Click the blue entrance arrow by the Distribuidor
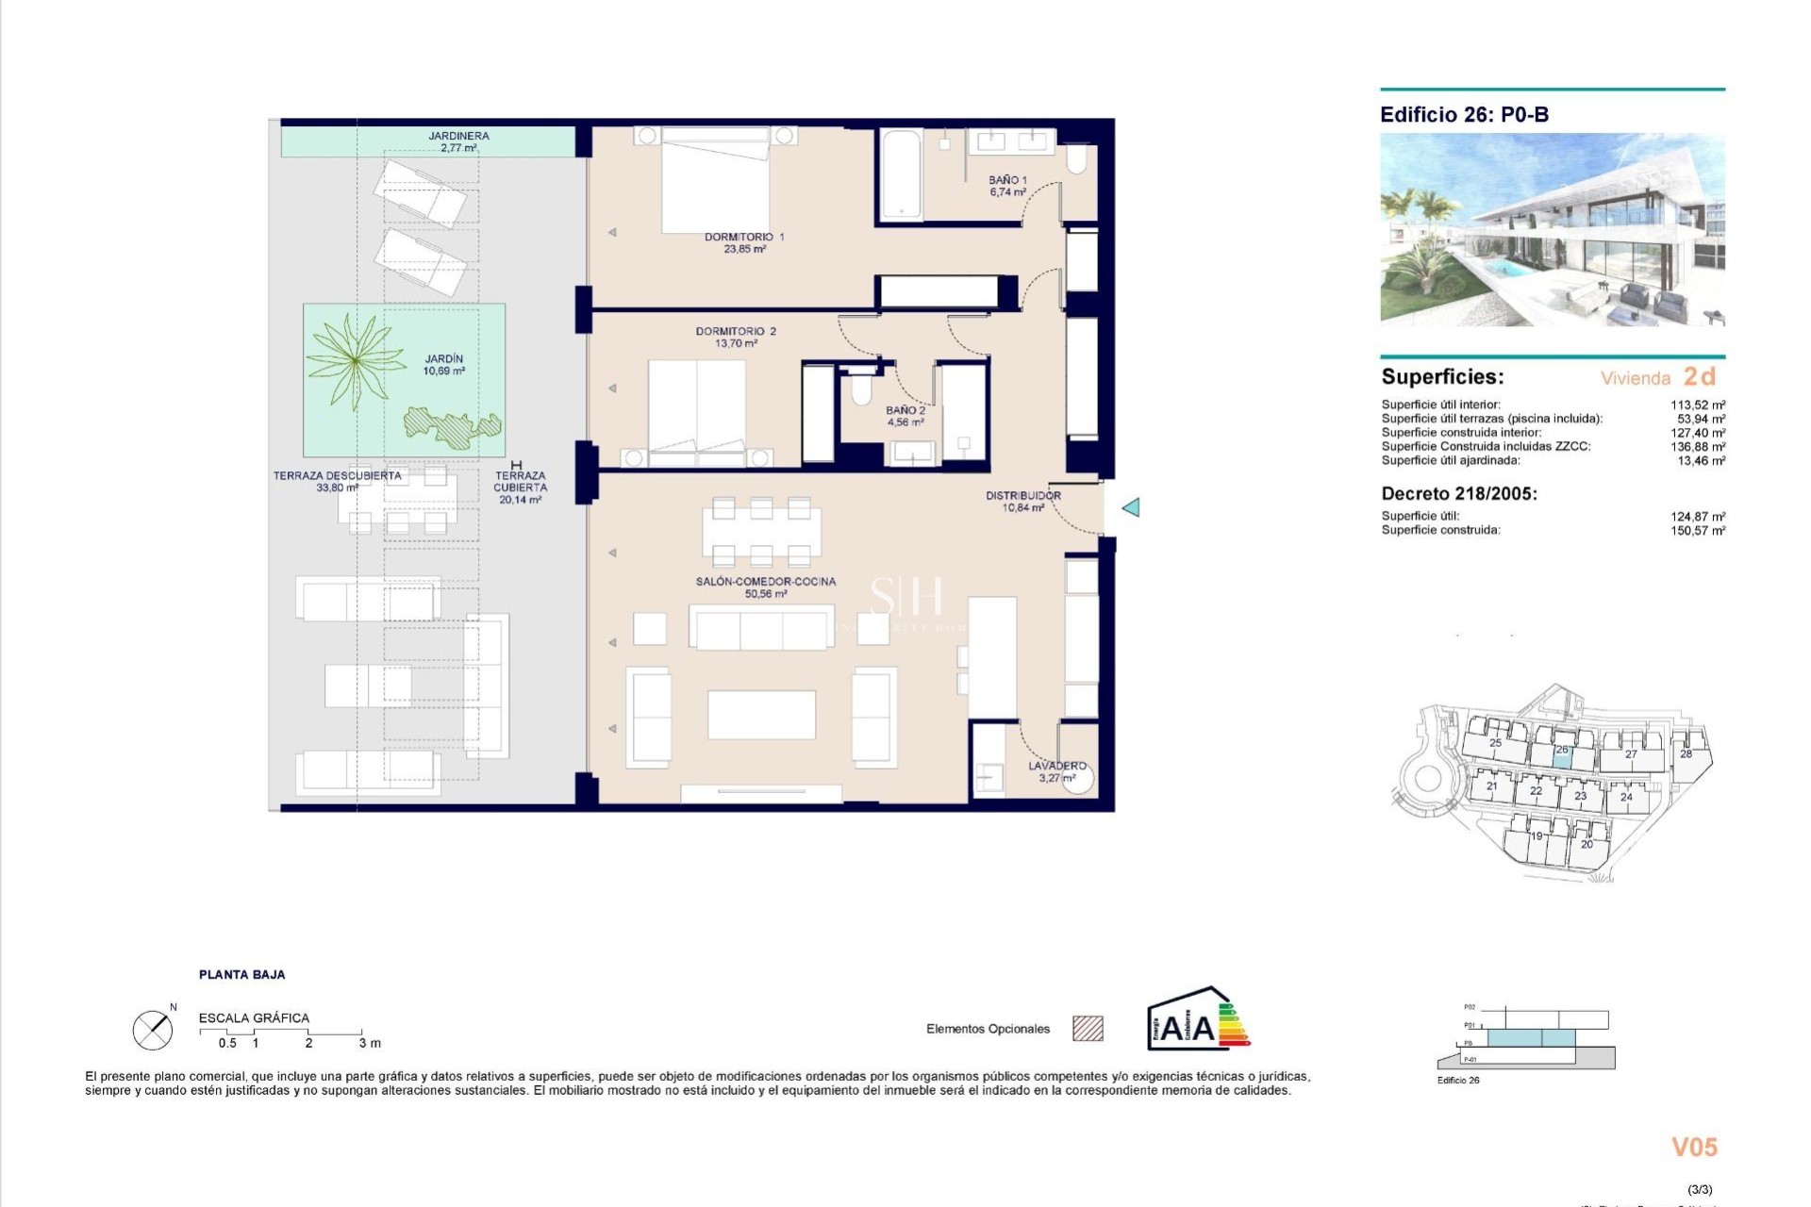pos(1131,507)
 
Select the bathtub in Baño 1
pos(901,175)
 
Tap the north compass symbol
pos(153,1030)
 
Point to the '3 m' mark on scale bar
pos(369,1043)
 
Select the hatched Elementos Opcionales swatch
pos(1088,1028)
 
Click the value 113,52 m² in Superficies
pos(1698,405)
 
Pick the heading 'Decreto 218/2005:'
pos(1459,493)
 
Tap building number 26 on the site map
pos(1562,750)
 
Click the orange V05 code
pos(1694,1147)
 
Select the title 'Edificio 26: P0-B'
pos(1464,115)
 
